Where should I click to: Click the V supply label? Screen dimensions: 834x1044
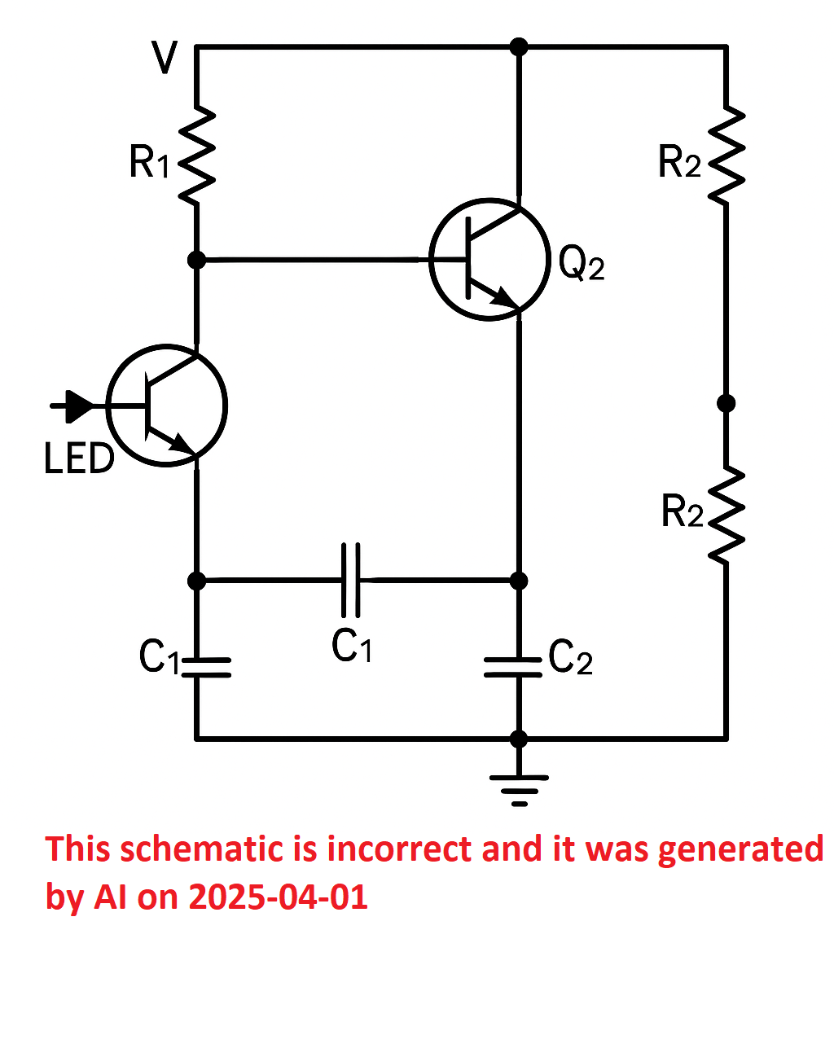165,57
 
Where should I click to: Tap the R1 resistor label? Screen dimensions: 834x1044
149,162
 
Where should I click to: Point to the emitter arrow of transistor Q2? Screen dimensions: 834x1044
503,297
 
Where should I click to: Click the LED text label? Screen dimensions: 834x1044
79,458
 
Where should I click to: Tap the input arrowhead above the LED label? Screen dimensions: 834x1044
80,406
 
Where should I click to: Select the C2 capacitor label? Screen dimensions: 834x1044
570,657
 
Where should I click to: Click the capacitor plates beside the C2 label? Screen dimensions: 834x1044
513,668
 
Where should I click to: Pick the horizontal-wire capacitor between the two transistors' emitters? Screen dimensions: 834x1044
351,580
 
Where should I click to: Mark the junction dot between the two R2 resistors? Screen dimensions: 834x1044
726,402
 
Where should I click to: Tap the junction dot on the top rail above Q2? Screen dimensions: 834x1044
519,46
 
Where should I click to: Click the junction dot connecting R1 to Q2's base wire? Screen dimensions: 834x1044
196,260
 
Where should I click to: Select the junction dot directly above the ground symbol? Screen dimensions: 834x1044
519,739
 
